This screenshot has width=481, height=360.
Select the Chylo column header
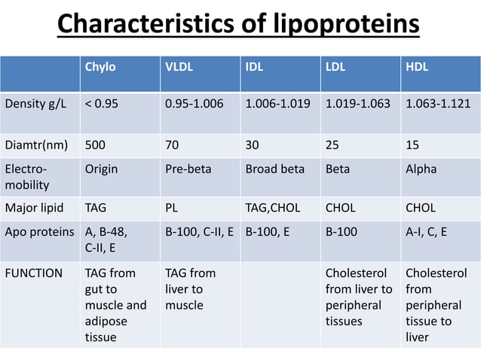pos(100,66)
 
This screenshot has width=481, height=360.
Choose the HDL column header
pos(417,66)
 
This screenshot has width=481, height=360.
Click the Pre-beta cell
pos(187,169)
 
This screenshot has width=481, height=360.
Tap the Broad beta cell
pos(275,169)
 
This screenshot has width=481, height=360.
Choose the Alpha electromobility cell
pos(421,169)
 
